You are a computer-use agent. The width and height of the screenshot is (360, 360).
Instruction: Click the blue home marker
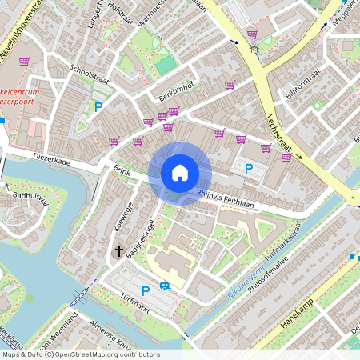point(180,173)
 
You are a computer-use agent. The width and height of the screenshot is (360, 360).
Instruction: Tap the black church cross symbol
point(119,251)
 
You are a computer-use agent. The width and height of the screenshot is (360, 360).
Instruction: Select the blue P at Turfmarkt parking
point(145,291)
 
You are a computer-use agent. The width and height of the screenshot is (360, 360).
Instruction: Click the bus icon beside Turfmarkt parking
point(164,286)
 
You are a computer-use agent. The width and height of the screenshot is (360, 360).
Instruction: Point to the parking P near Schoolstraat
point(98,106)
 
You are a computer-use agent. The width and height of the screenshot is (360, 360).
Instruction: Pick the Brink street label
point(122,170)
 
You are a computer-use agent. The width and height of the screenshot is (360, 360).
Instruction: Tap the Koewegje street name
point(122,217)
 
